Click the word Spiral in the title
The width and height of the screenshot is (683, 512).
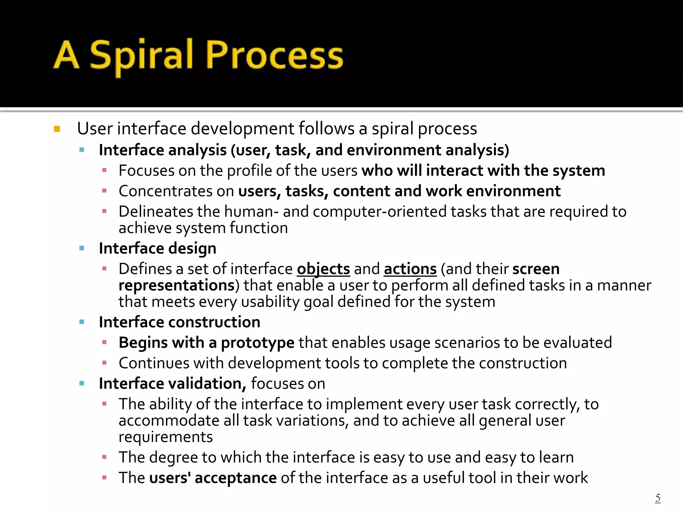(x=142, y=57)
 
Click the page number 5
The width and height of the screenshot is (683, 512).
(x=658, y=498)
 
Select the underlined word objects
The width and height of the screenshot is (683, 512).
(x=323, y=269)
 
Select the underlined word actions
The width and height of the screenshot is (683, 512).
(x=410, y=269)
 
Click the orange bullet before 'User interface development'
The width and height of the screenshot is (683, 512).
(x=57, y=129)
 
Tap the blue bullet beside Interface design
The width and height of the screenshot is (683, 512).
(x=82, y=248)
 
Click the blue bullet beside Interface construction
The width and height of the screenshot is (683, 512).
(x=82, y=322)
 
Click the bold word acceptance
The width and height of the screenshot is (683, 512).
(x=235, y=478)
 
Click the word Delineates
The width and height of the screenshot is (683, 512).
(x=156, y=212)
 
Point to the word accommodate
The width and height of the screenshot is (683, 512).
(x=169, y=421)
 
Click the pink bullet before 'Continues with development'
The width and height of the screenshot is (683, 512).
(x=104, y=363)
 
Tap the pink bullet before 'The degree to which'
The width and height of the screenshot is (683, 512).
(x=104, y=457)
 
